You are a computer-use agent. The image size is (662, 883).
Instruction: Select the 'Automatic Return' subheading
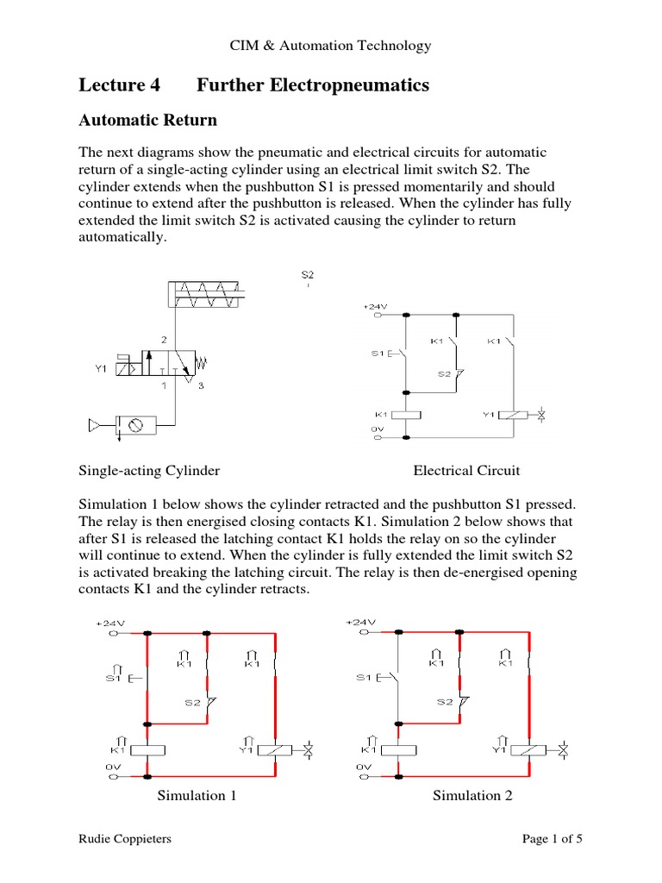click(x=147, y=119)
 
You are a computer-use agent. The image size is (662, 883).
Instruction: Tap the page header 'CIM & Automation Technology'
click(x=330, y=46)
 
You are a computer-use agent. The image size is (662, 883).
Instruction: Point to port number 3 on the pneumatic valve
click(x=201, y=385)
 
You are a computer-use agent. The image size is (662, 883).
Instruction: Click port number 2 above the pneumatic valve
click(x=164, y=340)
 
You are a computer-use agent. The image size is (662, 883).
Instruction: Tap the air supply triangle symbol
click(x=95, y=424)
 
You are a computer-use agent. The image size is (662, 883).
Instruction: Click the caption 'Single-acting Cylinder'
click(x=149, y=471)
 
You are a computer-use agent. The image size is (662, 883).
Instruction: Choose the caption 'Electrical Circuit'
click(x=466, y=471)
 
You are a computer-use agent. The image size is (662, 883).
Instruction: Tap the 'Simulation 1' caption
click(x=197, y=795)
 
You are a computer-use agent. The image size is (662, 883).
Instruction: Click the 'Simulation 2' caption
click(x=472, y=795)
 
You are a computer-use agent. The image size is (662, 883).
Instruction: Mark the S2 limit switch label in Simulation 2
click(x=444, y=701)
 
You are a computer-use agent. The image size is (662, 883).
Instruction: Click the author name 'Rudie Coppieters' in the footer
click(x=124, y=838)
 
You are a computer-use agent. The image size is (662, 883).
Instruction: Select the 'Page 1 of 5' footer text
click(x=553, y=838)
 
